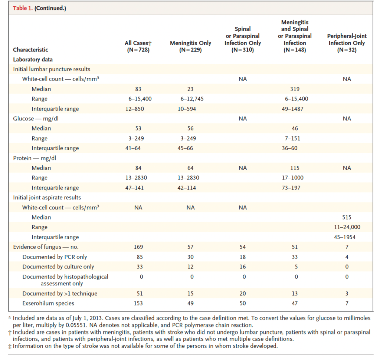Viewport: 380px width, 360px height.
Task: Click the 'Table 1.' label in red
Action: pyautogui.click(x=23, y=8)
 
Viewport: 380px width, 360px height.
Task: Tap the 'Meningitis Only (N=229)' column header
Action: pyautogui.click(x=190, y=46)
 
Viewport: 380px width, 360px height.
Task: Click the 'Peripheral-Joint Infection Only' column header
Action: pyautogui.click(x=347, y=43)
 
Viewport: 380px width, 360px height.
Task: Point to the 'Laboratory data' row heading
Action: pyautogui.click(x=33, y=59)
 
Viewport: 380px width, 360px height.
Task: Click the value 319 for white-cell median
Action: pyautogui.click(x=295, y=89)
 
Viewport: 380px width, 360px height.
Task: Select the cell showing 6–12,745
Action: pyautogui.click(x=190, y=99)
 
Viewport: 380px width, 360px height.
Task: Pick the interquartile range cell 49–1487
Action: pyautogui.click(x=295, y=109)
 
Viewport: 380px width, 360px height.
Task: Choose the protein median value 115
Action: pyautogui.click(x=295, y=168)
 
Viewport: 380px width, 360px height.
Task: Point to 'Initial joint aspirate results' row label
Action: pyautogui.click(x=47, y=198)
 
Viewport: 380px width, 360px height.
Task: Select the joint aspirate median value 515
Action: pyautogui.click(x=347, y=217)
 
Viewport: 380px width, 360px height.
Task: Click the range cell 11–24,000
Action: pyautogui.click(x=347, y=227)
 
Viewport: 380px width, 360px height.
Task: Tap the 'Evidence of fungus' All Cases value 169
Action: pyautogui.click(x=138, y=247)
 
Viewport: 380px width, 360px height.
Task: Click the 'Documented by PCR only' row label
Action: pyautogui.click(x=55, y=257)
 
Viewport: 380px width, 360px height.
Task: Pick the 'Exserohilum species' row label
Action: pyautogui.click(x=48, y=303)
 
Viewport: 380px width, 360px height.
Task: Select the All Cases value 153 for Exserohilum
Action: pyautogui.click(x=138, y=303)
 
